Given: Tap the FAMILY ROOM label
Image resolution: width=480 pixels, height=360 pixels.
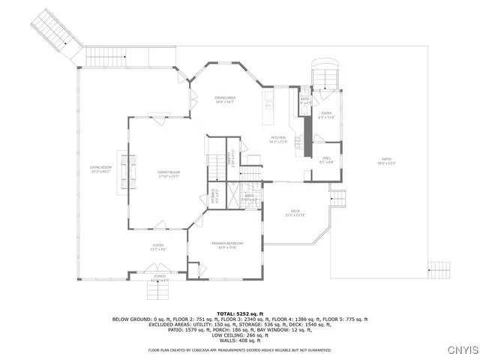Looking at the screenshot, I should (169, 174).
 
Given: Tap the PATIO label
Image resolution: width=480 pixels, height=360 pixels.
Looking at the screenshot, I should (386, 160).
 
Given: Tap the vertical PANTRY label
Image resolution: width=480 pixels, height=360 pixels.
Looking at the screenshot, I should (233, 158).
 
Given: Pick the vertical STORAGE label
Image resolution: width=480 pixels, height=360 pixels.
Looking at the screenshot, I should (213, 197).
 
